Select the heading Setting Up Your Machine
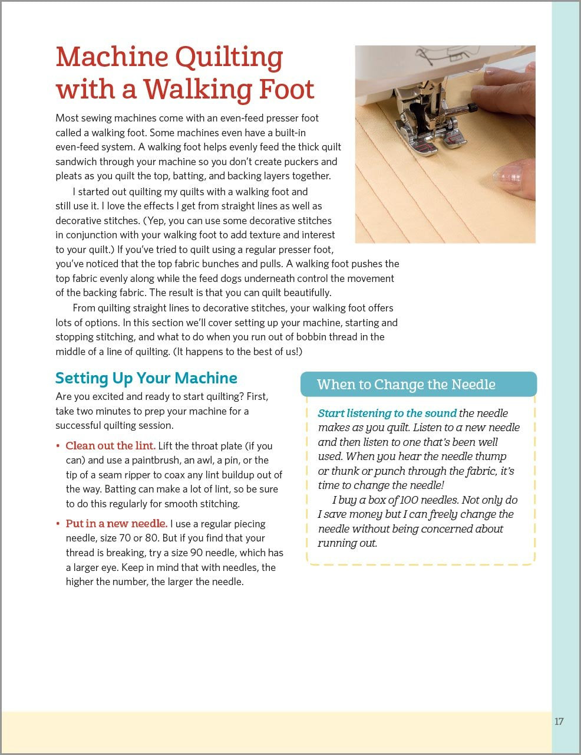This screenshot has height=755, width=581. [146, 378]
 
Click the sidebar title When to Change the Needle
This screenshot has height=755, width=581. [406, 385]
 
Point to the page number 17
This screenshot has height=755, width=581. [559, 721]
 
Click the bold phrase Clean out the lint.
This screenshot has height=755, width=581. [110, 446]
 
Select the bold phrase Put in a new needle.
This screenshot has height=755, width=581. [116, 524]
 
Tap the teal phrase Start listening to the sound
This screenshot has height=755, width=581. [387, 413]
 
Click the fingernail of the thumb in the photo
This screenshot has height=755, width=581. [509, 176]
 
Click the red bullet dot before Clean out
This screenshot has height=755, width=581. [58, 447]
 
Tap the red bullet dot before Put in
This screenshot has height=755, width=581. [58, 524]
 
